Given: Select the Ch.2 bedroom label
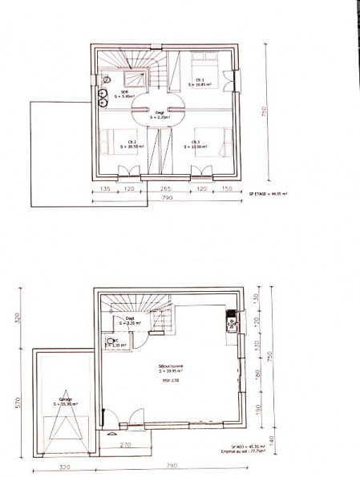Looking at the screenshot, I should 129,144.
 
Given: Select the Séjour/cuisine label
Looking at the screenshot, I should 171,369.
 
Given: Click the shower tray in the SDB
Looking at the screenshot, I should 132,77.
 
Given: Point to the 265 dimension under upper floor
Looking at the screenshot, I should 160,190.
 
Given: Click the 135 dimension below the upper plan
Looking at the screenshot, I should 105,190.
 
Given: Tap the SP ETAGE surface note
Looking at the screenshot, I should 269,193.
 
